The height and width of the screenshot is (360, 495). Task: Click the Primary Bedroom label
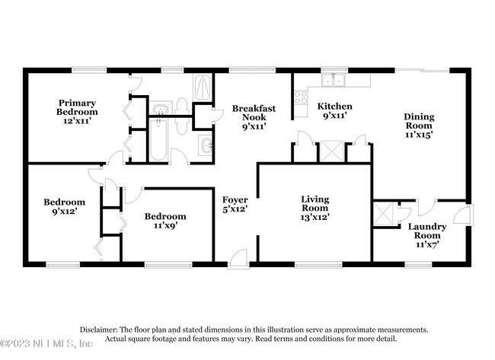point(77,112)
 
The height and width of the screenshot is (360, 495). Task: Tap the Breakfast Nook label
point(254,117)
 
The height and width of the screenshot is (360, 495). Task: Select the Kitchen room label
point(334,111)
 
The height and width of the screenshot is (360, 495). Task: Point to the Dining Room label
point(419,126)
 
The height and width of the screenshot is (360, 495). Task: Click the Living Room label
point(315,208)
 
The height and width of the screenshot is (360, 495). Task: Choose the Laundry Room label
point(427,235)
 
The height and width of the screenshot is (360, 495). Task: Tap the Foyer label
point(235,204)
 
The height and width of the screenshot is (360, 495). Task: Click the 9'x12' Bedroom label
point(65,206)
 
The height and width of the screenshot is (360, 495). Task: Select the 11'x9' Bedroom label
point(165,221)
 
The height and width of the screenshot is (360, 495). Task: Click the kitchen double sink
point(334,80)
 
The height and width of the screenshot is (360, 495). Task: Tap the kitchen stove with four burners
point(301,98)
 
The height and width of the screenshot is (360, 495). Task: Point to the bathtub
point(158,140)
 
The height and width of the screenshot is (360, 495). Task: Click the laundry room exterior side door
point(464,215)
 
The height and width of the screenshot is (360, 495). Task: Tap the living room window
point(318,265)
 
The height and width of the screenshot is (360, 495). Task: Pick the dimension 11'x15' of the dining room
point(419,135)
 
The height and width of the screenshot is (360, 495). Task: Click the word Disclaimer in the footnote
point(98,330)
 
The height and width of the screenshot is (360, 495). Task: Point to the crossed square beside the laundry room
point(383,214)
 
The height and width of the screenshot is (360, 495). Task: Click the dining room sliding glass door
point(422,70)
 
